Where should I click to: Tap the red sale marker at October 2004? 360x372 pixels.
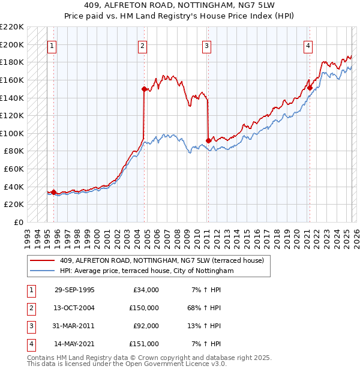pyautogui.click(x=144, y=89)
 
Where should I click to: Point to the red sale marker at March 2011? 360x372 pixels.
pyautogui.click(x=208, y=140)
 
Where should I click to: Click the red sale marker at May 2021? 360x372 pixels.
pyautogui.click(x=310, y=88)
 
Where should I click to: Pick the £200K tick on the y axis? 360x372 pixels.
pyautogui.click(x=13, y=44)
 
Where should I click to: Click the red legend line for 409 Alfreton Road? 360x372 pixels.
pyautogui.click(x=42, y=260)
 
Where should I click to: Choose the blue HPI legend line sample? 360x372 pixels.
pyautogui.click(x=42, y=271)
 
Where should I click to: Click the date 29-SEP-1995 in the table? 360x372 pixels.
pyautogui.click(x=74, y=290)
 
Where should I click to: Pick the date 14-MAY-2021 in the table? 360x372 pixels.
pyautogui.click(x=74, y=344)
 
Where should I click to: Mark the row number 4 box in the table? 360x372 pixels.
pyautogui.click(x=30, y=344)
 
